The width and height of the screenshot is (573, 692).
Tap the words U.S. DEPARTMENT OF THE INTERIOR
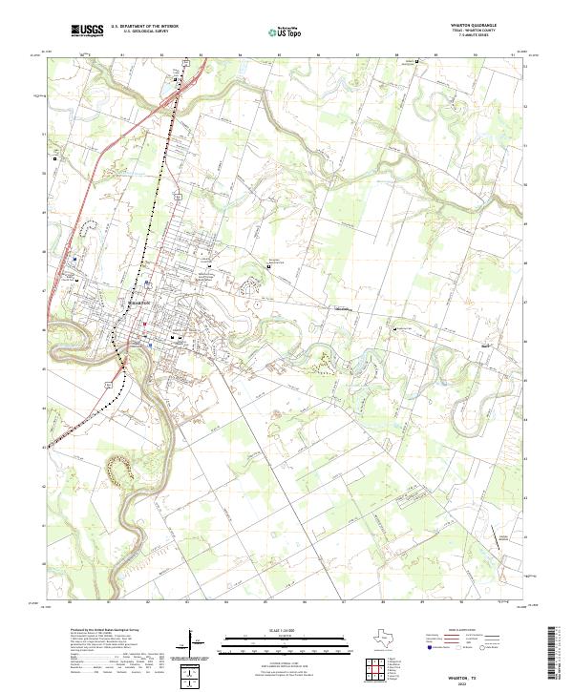[x=144, y=27]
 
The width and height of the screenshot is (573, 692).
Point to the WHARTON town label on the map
[x=138, y=302]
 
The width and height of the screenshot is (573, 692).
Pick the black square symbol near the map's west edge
[x=55, y=157]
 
